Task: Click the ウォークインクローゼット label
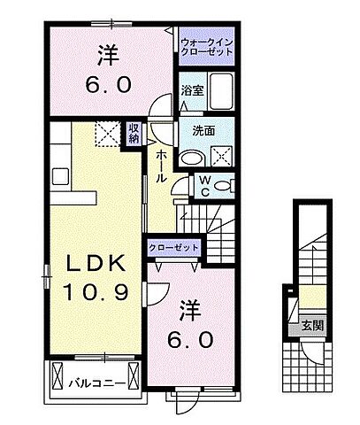tap(205, 47)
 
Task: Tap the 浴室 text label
tap(192, 89)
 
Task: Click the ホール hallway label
tap(162, 166)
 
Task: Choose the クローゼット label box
tap(173, 248)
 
